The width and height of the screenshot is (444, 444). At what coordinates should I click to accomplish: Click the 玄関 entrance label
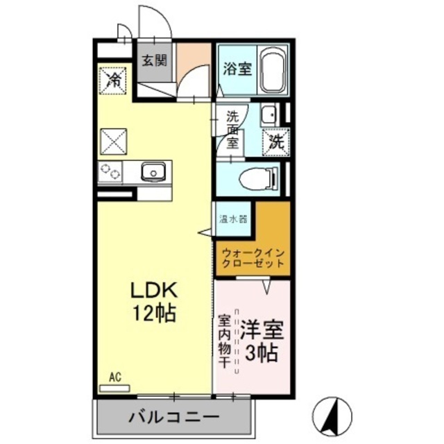coord(155,60)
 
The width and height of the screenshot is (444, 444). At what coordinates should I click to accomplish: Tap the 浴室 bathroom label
coord(237,69)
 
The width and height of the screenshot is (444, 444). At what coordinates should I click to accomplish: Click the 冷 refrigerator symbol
coord(113,78)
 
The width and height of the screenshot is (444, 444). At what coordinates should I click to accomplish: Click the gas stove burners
coord(110,171)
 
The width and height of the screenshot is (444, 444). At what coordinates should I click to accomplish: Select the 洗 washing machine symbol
coord(276,144)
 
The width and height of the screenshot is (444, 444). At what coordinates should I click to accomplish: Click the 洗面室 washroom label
coord(232,130)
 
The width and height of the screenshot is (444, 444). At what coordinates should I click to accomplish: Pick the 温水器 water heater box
coord(232,220)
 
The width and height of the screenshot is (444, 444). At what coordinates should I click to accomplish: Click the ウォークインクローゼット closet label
coord(252,258)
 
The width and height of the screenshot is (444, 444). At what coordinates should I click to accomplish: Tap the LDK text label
coord(154,291)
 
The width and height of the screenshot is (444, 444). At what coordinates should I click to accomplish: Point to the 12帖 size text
coord(154,313)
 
